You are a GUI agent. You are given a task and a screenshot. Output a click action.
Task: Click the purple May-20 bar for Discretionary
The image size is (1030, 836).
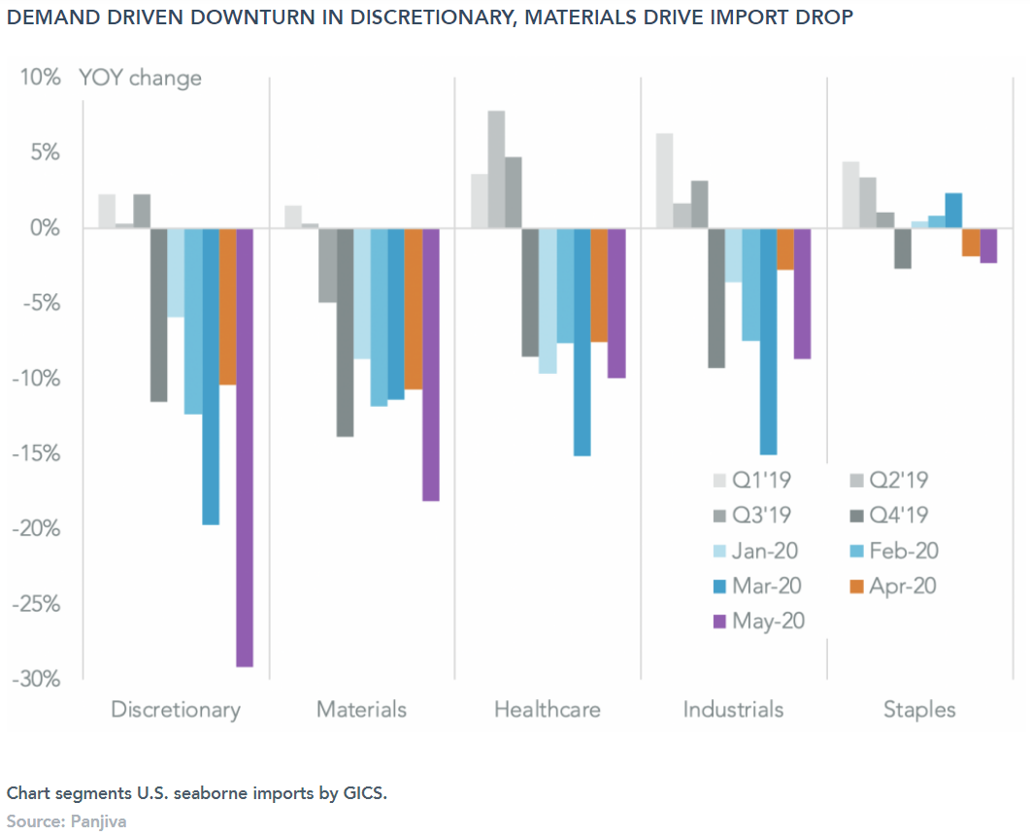[245, 447]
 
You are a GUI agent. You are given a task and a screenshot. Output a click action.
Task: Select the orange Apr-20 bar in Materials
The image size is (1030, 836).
[413, 309]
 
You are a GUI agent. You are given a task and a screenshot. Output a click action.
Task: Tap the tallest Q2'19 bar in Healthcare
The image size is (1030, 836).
[496, 170]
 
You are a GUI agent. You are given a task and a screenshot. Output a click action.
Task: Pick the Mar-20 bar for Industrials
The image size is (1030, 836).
[768, 341]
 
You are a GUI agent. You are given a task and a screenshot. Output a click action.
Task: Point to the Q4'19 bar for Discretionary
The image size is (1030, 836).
[158, 315]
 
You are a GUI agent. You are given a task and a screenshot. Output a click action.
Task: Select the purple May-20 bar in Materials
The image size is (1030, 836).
[430, 364]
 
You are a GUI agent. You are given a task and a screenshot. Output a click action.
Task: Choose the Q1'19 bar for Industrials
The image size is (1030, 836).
[665, 181]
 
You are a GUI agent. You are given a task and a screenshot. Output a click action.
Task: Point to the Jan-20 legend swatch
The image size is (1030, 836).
[719, 552]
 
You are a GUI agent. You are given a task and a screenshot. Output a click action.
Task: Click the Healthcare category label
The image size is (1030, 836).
[547, 710]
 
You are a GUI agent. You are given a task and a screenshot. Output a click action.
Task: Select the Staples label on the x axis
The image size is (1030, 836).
[918, 710]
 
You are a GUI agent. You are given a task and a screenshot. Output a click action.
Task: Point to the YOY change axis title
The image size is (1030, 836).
[141, 78]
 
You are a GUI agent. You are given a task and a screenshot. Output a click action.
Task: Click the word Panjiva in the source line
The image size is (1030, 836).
[99, 821]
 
